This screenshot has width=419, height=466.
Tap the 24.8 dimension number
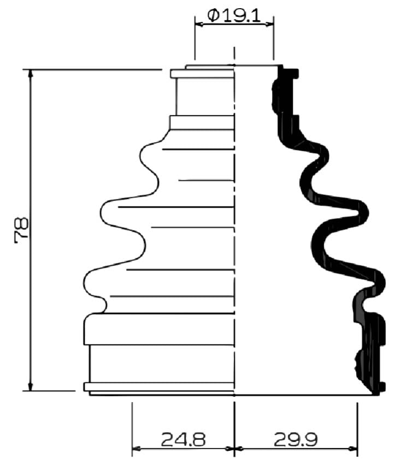183,439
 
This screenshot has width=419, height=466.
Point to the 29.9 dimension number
296,439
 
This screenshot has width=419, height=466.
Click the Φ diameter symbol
213,14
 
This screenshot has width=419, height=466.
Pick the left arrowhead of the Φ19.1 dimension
198,24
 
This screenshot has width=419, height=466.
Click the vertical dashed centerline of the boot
234,246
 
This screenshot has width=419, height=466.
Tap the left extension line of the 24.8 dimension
132,426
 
